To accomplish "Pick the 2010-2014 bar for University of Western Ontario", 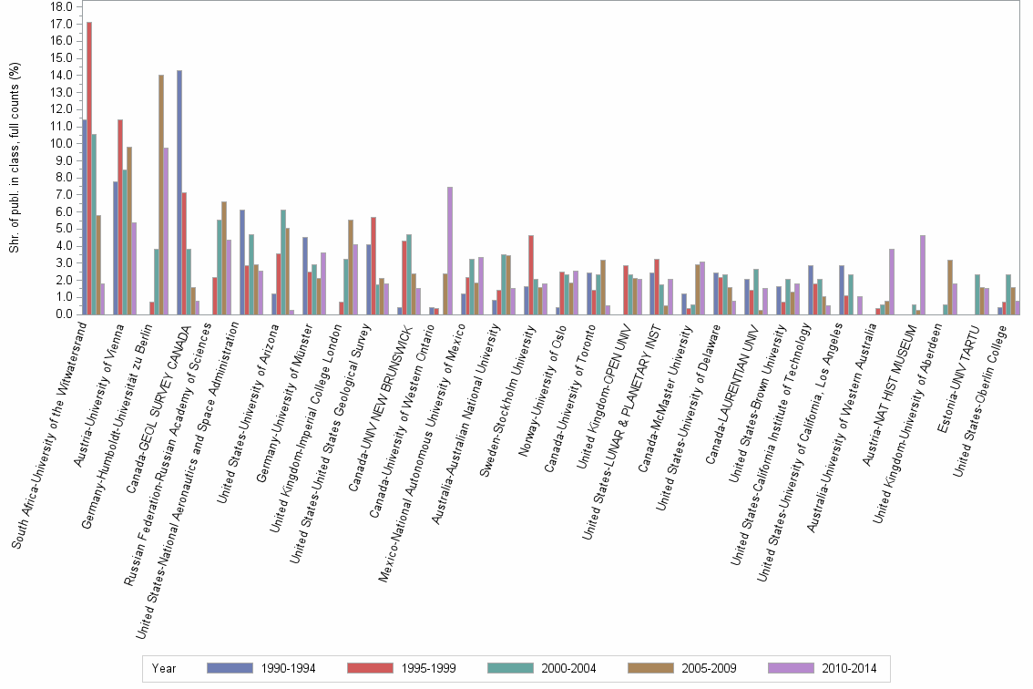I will click(x=450, y=251).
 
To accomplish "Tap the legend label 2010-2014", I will click(x=848, y=669).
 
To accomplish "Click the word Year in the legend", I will click(x=164, y=669).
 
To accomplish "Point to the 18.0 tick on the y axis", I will click(x=62, y=6).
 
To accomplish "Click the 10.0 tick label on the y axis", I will click(x=62, y=143).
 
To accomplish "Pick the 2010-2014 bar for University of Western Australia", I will click(x=892, y=282).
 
